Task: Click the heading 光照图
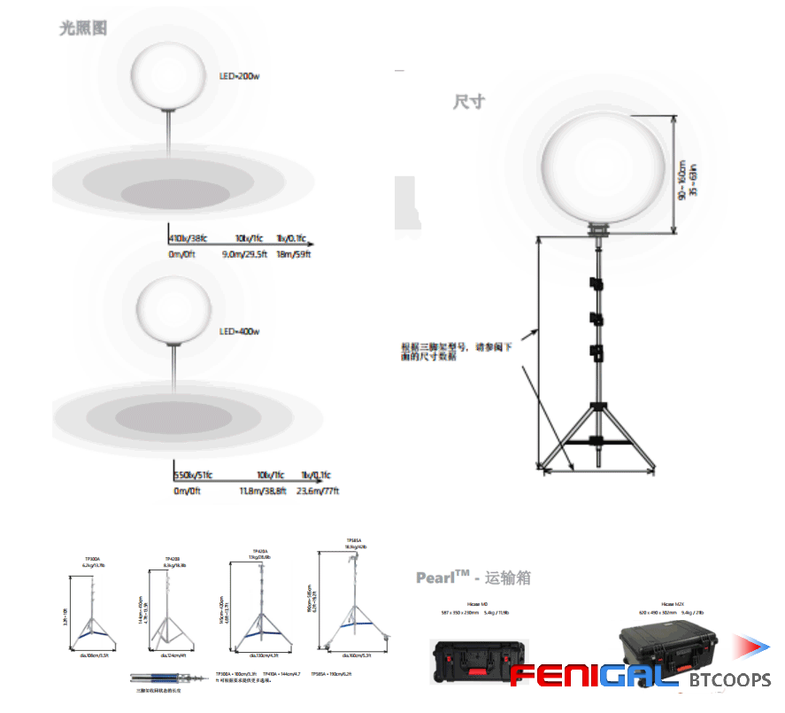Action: coord(83,27)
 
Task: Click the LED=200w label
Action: coord(239,76)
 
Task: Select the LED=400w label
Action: coord(239,331)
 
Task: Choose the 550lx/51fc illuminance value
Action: coord(194,475)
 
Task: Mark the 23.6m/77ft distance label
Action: coord(319,491)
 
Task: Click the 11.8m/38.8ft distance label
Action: coord(263,491)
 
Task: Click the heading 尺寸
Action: coord(468,101)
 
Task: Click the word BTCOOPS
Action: coord(730,680)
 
